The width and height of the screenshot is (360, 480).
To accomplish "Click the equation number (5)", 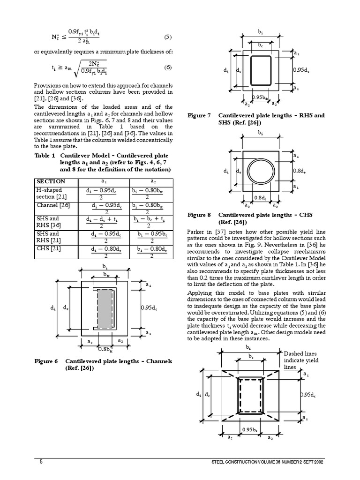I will tap(168, 37).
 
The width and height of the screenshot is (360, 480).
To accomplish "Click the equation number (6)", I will tap(168, 67).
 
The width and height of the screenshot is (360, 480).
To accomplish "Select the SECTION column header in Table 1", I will tap(51, 181).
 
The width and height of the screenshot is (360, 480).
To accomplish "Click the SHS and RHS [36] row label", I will tap(49, 222).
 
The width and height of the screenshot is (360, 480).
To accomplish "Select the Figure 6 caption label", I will tap(46, 361).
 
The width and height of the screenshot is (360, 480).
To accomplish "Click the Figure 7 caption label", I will tap(199, 115).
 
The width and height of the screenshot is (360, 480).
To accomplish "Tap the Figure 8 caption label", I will tap(199, 215).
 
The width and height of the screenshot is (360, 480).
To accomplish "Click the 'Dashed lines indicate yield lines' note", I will tap(301, 360).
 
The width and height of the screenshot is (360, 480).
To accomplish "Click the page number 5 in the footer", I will tap(41, 462).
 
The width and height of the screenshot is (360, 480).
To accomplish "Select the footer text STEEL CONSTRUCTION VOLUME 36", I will tap(267, 462).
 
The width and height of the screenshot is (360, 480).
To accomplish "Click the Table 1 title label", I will tap(45, 155).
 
